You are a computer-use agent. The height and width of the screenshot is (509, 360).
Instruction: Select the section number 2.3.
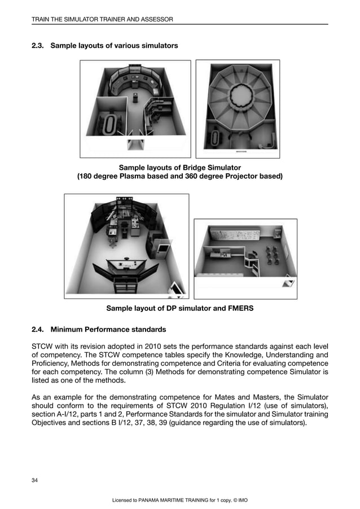tap(39, 45)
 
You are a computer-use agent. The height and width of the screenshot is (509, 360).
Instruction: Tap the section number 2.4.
tap(39, 329)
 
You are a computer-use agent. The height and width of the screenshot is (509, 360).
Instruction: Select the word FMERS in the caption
tap(239, 308)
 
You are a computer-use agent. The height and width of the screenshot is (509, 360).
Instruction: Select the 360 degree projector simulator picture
tap(241, 109)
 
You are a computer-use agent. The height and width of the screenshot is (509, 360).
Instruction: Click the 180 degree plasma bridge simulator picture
tap(135, 109)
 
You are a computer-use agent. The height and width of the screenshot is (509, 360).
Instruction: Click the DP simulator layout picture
tap(126, 246)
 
